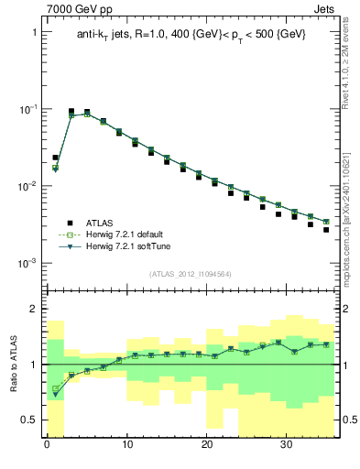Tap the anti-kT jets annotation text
coord(191,34)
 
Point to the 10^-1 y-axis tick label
coord(27,109)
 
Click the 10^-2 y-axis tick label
coord(27,186)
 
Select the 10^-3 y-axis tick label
coord(27,263)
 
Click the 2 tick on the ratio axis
coord(34,309)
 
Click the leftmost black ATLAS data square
coord(55,158)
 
